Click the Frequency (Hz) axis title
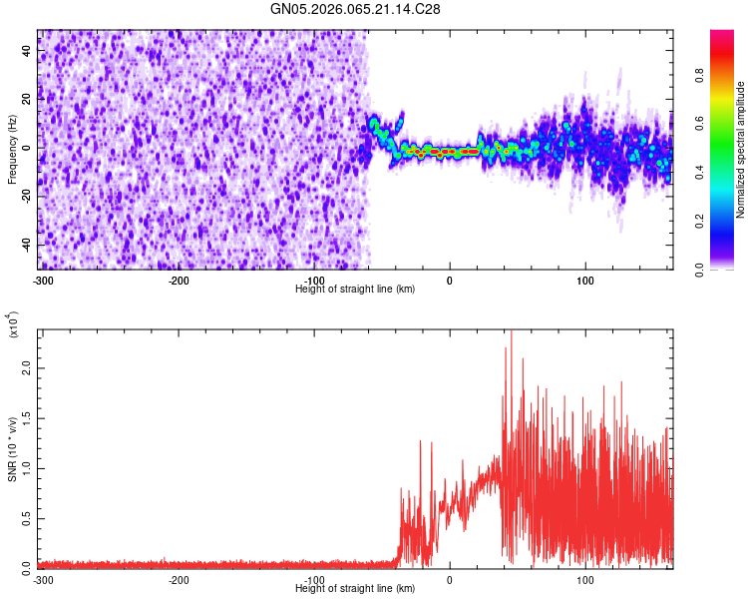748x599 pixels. tap(12, 150)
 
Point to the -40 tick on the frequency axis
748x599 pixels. tap(25, 245)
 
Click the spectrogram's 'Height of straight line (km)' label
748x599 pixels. tap(355, 289)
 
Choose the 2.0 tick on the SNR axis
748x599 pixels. tap(26, 368)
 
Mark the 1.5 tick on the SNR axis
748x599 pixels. tap(26, 417)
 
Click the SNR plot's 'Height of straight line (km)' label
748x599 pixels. tap(355, 588)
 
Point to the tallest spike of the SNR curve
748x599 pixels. tap(511, 331)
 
